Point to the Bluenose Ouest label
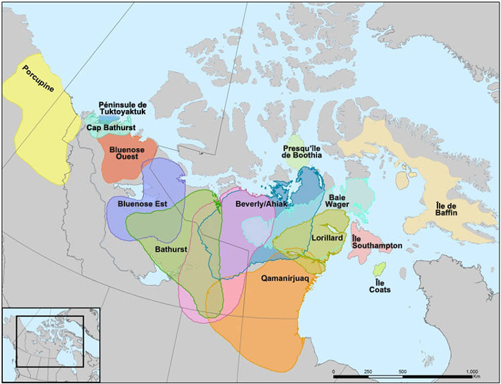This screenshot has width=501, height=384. (x=125, y=152)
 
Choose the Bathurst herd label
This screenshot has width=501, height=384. (x=172, y=250)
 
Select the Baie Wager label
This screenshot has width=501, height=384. (x=340, y=200)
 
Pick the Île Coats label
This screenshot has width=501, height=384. (x=380, y=286)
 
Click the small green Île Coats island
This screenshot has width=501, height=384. (x=379, y=269)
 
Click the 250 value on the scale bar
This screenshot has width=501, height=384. (x=369, y=371)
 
